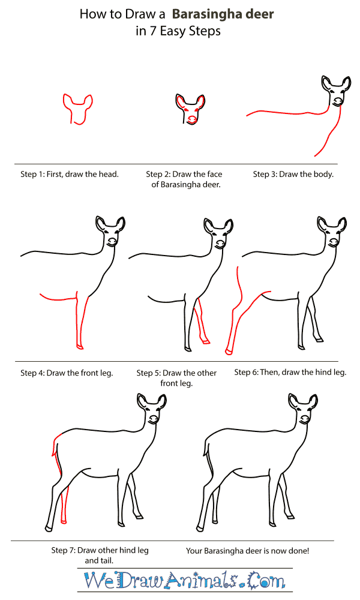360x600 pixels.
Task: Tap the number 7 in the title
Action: click(x=153, y=31)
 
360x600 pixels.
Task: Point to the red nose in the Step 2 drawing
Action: click(x=191, y=120)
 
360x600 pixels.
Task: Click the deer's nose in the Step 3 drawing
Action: click(x=337, y=102)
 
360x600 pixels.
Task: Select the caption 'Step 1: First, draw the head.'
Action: click(x=70, y=175)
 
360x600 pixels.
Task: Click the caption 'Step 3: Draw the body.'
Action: click(x=293, y=175)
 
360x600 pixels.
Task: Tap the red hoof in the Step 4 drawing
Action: click(x=80, y=347)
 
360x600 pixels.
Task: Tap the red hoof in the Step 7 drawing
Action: click(x=64, y=521)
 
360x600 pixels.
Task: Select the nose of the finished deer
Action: click(x=304, y=419)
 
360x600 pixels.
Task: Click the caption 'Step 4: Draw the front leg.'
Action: click(x=67, y=373)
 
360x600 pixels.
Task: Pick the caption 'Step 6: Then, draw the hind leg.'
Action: click(x=290, y=373)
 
